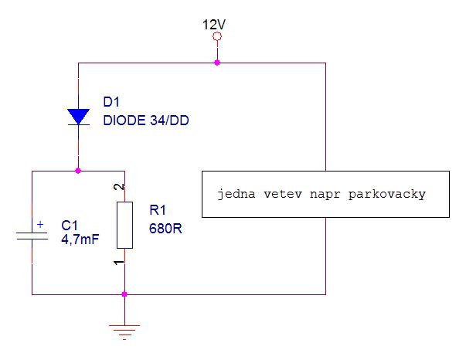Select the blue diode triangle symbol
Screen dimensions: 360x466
pos(78,116)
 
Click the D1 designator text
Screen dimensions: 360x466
pos(112,102)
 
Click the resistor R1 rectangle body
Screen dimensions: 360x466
pos(124,225)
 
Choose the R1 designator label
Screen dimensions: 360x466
pos(157,209)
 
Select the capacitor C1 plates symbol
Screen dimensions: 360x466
pos(32,235)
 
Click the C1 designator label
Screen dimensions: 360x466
pos(70,225)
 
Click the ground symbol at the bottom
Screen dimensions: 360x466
pos(124,330)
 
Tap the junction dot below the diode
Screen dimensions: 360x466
pos(78,170)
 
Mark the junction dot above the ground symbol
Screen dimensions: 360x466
pos(124,294)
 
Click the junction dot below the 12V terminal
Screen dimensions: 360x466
pos(217,63)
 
